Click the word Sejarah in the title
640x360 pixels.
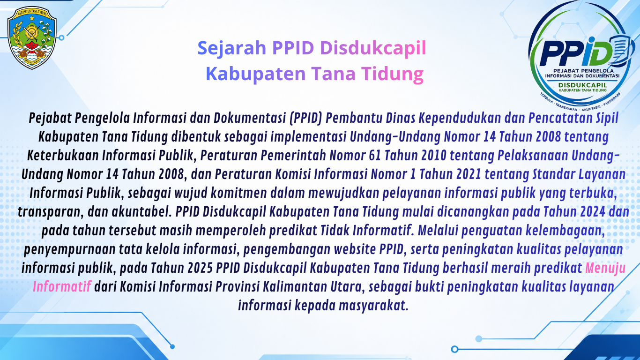click(x=232, y=48)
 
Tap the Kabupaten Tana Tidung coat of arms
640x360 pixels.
click(x=32, y=37)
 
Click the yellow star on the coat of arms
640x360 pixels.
click(x=32, y=18)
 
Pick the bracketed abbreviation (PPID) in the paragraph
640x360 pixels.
click(x=306, y=118)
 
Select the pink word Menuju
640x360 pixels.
click(x=605, y=268)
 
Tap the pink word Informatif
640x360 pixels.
click(x=62, y=287)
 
